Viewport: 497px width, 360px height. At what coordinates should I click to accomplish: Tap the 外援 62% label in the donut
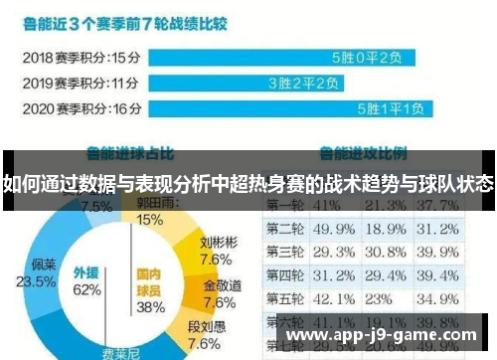[86, 280]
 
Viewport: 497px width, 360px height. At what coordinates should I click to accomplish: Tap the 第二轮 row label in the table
[286, 231]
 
